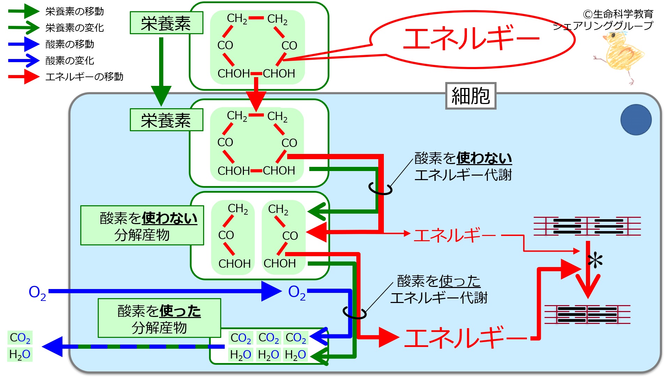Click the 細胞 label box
point(470,96)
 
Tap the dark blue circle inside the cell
point(636,120)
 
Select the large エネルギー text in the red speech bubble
point(471,38)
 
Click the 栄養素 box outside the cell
point(166,23)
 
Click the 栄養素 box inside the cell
point(166,120)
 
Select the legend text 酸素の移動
point(70,44)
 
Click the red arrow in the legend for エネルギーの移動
point(24,77)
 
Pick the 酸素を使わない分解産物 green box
point(142,226)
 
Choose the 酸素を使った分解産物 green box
point(159,318)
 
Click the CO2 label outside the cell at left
point(20,338)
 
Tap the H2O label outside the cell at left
point(20,354)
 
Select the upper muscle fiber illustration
point(587,226)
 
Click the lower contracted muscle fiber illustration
point(587,314)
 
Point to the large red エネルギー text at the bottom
point(466,338)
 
